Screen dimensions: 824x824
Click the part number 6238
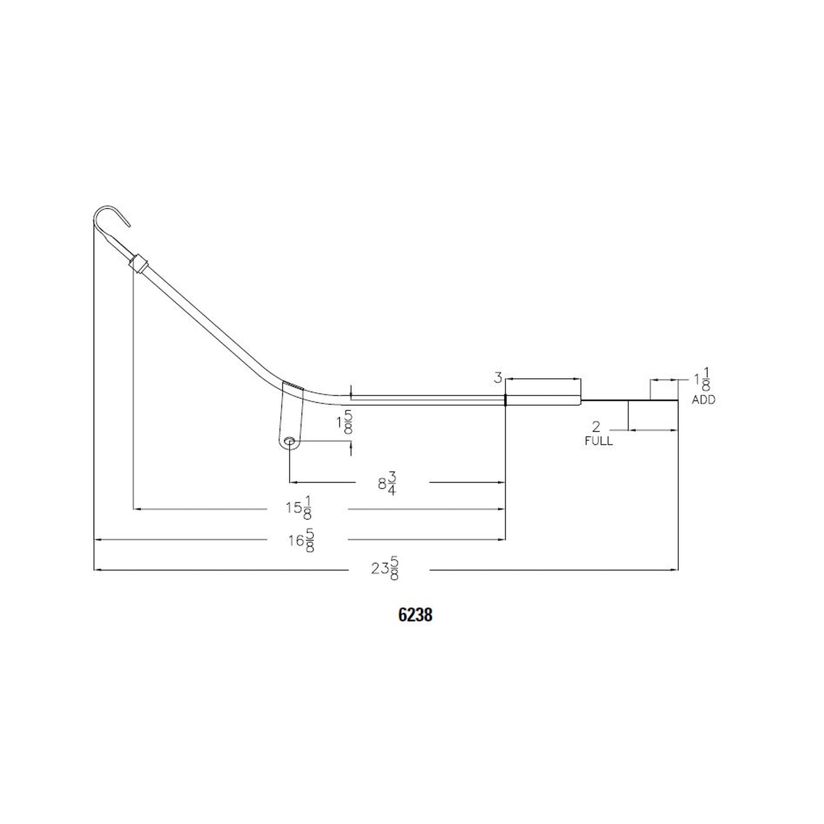(415, 615)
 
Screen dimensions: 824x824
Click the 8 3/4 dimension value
(387, 483)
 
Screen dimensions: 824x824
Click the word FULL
(598, 441)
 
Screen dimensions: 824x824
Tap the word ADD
(703, 400)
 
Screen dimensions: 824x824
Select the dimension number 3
(498, 377)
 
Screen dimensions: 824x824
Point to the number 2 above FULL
(596, 427)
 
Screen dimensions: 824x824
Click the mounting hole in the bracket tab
(290, 441)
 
